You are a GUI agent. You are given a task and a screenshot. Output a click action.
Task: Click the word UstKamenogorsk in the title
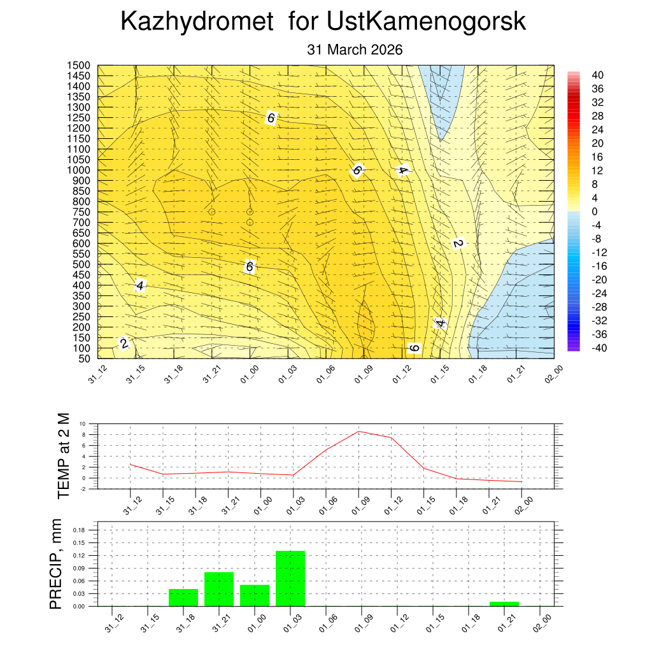[426, 22]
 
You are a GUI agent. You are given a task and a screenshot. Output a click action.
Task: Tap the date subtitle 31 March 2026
[355, 50]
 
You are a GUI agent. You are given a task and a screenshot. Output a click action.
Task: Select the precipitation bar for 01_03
[290, 578]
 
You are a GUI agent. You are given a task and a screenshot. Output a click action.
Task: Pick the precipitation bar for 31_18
[183, 597]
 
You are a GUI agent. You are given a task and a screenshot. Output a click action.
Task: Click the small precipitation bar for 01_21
[504, 604]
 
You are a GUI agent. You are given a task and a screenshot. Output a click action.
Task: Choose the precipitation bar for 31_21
[219, 589]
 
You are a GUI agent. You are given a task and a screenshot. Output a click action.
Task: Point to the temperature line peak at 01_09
[358, 431]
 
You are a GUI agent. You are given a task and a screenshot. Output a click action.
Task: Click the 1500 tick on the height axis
[79, 66]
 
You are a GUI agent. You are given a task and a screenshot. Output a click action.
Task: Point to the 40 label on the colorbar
[597, 75]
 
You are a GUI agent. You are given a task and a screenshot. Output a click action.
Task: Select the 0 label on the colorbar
[594, 211]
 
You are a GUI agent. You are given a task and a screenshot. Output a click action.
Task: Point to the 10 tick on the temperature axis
[83, 423]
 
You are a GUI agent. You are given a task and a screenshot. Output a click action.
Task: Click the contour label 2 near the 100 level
[124, 344]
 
